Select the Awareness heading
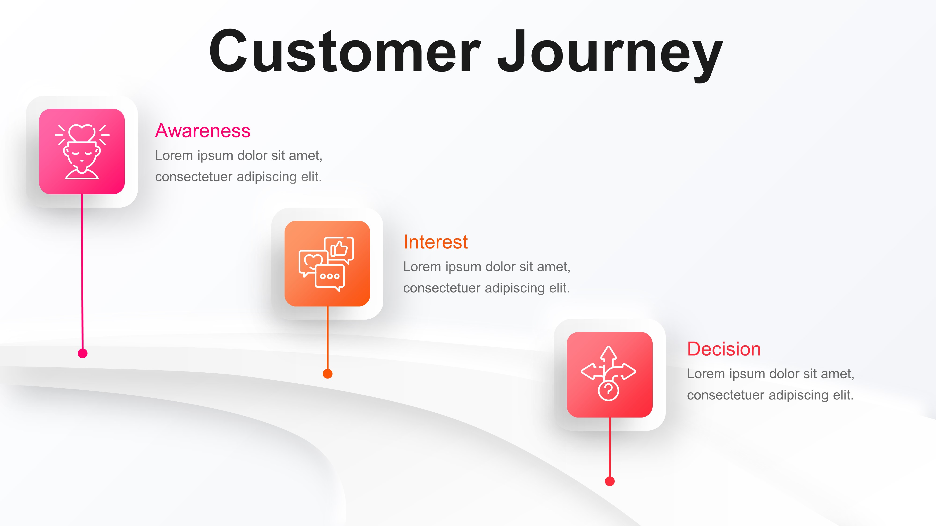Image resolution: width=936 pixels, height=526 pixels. tap(203, 131)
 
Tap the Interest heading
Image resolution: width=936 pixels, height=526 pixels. tap(435, 242)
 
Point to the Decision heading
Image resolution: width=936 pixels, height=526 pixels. tap(724, 349)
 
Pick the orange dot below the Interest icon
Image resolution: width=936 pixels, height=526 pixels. tap(327, 374)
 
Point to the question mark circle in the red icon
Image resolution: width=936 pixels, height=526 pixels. tap(608, 391)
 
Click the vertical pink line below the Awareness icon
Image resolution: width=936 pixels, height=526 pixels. tap(82, 272)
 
